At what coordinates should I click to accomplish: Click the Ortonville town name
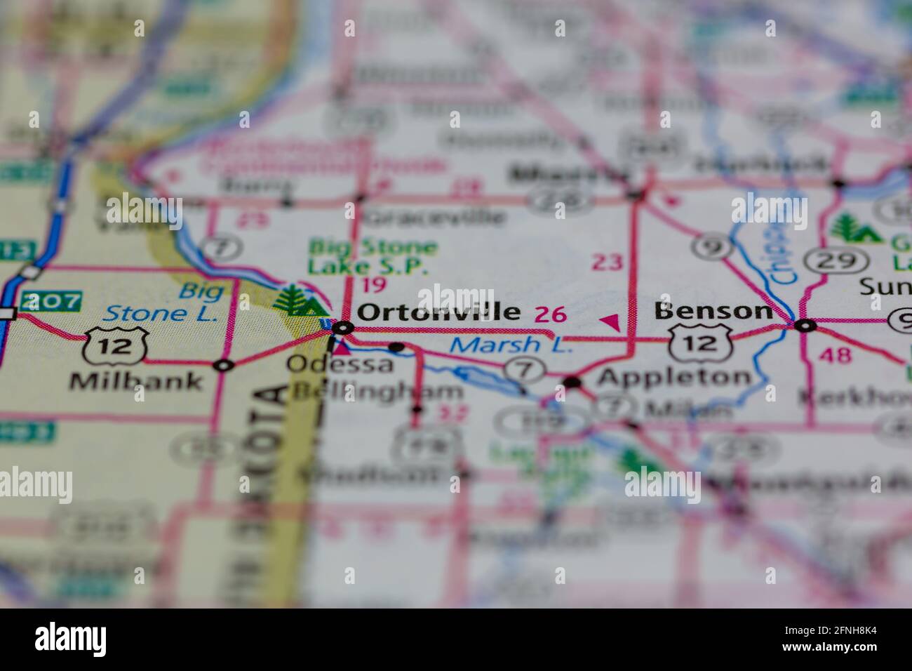tap(438, 312)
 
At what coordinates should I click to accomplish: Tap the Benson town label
tap(713, 310)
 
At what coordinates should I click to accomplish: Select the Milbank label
tap(136, 381)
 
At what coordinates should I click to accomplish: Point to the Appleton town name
tap(673, 378)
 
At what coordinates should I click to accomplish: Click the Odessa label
tap(340, 364)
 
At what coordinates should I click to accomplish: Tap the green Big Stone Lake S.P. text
tap(373, 257)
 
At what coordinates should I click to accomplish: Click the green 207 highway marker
tap(51, 302)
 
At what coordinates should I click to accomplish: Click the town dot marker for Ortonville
tap(342, 327)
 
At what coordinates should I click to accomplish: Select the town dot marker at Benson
tap(805, 325)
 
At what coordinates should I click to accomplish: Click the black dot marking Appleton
tap(572, 383)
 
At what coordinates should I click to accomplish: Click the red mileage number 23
tap(607, 263)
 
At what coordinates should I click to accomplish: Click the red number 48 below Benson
tap(835, 355)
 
